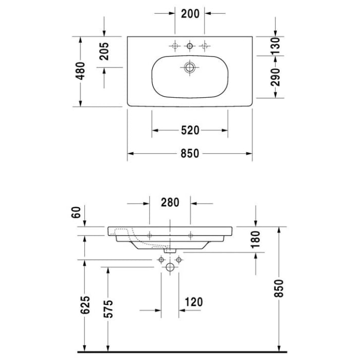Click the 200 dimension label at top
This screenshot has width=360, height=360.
[190, 14]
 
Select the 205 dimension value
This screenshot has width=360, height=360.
[105, 52]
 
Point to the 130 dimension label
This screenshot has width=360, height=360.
[276, 46]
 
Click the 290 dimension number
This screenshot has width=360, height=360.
[276, 77]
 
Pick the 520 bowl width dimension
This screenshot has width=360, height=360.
[190, 131]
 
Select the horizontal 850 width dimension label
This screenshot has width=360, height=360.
[190, 154]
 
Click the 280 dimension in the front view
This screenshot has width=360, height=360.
[169, 203]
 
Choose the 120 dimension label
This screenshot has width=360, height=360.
[193, 302]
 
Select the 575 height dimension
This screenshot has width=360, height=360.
[108, 309]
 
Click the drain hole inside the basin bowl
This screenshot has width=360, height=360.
[190, 67]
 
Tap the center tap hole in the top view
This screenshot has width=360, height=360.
[190, 47]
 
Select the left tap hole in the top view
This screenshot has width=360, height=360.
[175, 47]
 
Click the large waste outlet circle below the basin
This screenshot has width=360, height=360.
[170, 267]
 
